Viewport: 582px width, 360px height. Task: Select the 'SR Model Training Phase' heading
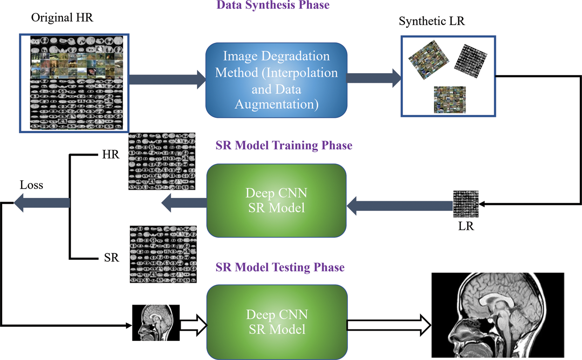coord(284,145)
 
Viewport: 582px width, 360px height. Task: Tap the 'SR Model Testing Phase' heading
coord(280,267)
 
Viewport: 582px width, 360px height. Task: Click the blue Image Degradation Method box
coord(277,80)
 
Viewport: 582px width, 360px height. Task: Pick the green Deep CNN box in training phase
coord(277,201)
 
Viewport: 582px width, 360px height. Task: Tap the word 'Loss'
coord(31,185)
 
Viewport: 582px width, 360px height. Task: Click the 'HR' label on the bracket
coord(111,155)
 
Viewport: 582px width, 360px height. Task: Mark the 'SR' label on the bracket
coord(111,258)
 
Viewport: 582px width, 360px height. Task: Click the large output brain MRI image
coord(497,315)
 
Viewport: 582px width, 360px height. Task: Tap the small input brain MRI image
coord(156,323)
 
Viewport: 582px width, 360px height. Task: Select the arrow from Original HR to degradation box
coord(167,80)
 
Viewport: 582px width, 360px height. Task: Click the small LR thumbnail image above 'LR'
coord(466,204)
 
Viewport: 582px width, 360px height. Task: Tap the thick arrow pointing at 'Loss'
coord(42,203)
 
